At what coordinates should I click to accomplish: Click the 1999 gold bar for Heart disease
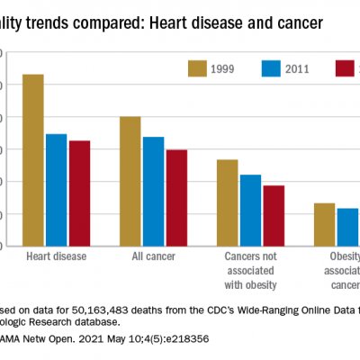tap(33, 160)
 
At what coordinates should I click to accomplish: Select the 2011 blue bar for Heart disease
tap(57, 190)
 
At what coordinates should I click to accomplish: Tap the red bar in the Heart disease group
tap(79, 193)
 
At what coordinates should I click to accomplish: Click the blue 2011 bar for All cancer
tap(154, 192)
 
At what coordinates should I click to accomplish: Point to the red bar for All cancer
tap(176, 198)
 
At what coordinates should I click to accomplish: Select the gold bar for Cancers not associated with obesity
tap(228, 202)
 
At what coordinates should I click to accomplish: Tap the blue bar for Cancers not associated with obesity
tap(251, 211)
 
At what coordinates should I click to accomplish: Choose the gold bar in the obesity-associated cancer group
tap(325, 224)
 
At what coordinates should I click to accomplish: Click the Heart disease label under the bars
tap(57, 257)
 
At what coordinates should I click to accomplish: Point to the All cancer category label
tap(154, 257)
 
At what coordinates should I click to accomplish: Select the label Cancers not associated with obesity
tap(251, 271)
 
